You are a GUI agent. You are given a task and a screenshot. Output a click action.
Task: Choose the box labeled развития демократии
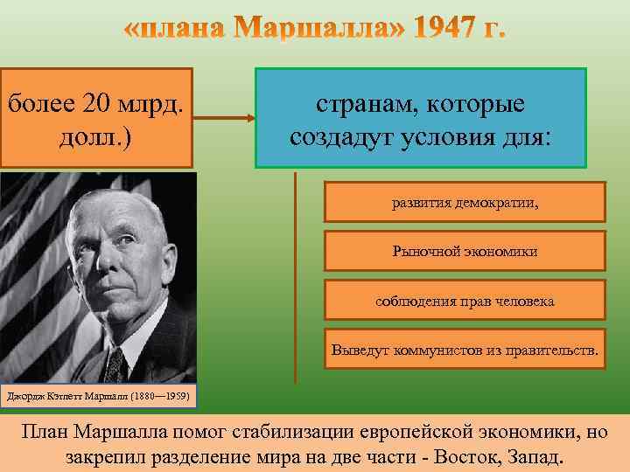pyautogui.click(x=465, y=202)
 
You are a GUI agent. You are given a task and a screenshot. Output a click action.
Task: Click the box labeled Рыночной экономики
pyautogui.click(x=465, y=252)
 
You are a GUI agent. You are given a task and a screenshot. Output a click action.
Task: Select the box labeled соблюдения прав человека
pyautogui.click(x=465, y=301)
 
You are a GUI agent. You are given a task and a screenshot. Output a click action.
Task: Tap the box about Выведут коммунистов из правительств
pyautogui.click(x=465, y=351)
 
